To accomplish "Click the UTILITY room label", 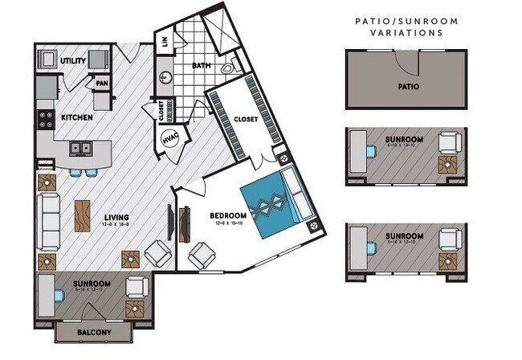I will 73,60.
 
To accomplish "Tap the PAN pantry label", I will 101,82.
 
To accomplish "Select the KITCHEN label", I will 77,118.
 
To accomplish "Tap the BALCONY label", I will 94,331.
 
